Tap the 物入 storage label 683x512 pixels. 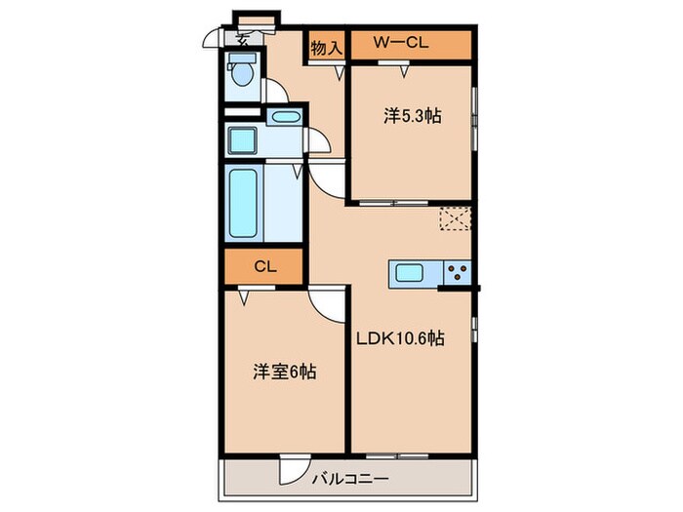tap(326, 46)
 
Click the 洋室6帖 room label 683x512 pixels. tap(284, 372)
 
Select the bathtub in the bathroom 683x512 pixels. tap(242, 204)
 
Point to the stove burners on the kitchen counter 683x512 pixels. tap(457, 273)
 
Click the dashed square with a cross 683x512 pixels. tap(454, 220)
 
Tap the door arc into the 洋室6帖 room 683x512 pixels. tap(329, 309)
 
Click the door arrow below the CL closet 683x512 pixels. tap(243, 294)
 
